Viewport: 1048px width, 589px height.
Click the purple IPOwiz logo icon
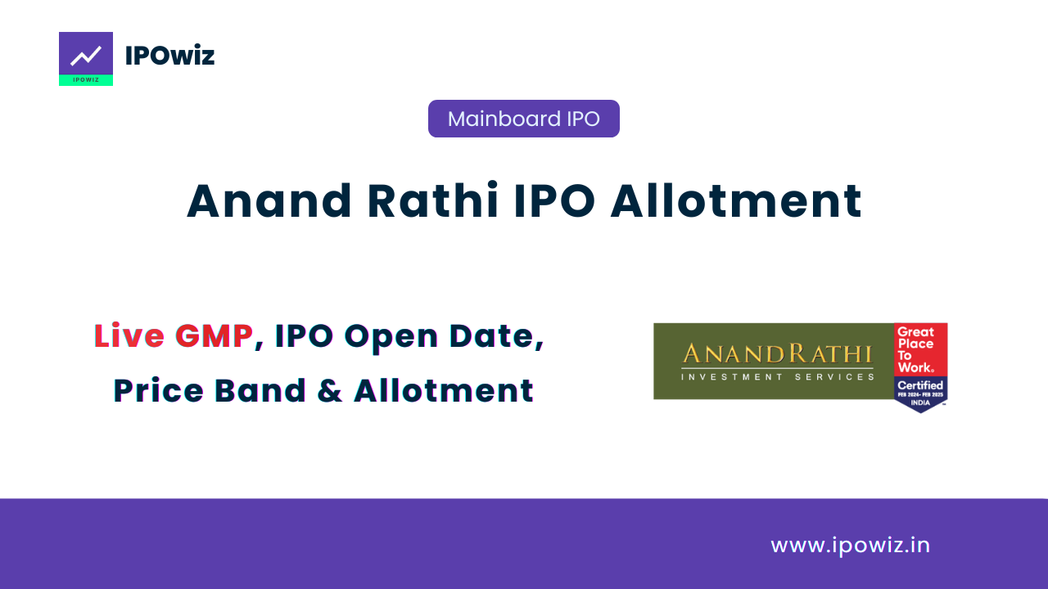86,58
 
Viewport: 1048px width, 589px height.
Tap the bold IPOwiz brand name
169,56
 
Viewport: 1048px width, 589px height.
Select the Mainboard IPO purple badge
523,119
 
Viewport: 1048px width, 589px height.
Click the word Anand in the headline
269,201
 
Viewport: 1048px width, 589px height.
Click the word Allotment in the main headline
736,201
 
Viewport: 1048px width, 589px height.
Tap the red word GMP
214,335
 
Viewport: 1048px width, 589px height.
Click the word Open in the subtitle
391,338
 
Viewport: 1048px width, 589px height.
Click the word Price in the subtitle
159,390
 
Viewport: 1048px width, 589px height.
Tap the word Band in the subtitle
260,390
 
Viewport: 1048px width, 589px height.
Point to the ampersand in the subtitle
330,391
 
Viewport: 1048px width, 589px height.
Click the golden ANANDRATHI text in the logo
778,354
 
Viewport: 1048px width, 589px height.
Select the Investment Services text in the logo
778,377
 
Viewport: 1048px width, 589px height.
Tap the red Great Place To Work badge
921,349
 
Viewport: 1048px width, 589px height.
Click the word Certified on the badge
920,385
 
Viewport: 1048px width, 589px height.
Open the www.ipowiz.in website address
850,546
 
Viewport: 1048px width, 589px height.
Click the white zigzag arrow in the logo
86,56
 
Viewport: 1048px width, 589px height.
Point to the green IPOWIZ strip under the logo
86,80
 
